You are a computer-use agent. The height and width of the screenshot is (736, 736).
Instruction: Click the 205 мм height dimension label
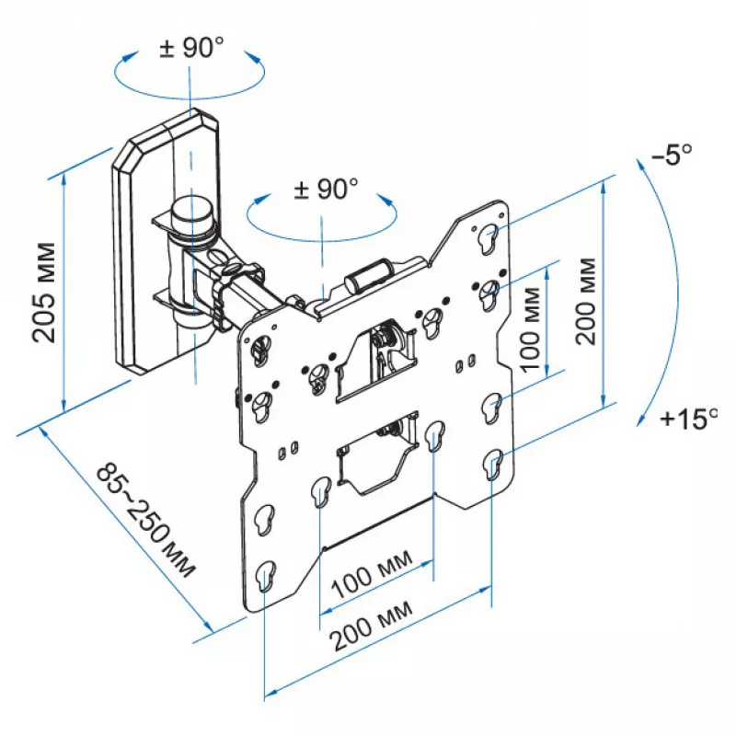(x=44, y=293)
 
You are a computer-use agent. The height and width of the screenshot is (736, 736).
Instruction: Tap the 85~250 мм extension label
(x=145, y=520)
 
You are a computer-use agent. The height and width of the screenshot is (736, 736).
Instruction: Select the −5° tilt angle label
(x=672, y=154)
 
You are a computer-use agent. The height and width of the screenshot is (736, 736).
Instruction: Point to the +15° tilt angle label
(x=688, y=419)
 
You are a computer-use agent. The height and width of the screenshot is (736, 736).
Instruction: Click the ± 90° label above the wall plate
(x=191, y=47)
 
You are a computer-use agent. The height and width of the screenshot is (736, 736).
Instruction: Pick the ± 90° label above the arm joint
(x=326, y=189)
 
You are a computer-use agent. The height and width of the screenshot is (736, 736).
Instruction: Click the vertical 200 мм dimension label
(x=586, y=302)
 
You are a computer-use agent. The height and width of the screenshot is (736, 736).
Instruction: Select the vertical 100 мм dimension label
(x=531, y=330)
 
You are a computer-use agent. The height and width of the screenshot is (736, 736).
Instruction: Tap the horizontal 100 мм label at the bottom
(x=373, y=573)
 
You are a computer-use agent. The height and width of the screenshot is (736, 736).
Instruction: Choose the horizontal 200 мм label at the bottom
(x=371, y=626)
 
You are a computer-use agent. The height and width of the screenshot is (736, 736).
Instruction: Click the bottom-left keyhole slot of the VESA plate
(x=266, y=577)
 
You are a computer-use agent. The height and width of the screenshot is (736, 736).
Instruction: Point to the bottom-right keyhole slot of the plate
(x=493, y=465)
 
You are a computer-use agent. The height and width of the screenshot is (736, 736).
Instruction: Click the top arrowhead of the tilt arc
(x=641, y=166)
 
